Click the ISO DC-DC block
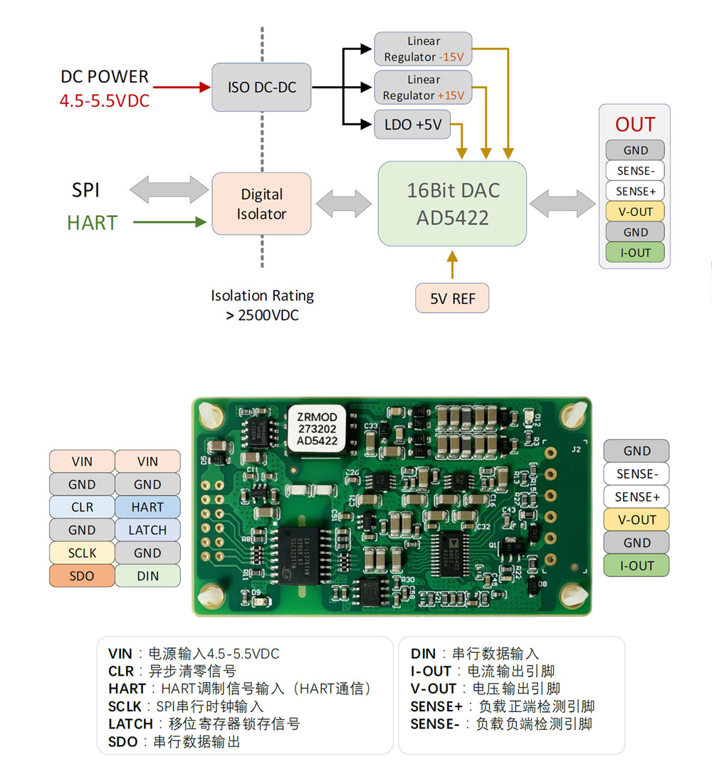tap(261, 88)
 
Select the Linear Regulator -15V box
tap(423, 48)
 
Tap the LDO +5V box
tap(413, 125)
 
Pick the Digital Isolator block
tap(261, 204)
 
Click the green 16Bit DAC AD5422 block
tap(452, 204)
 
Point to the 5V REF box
tap(452, 298)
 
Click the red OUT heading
tap(634, 125)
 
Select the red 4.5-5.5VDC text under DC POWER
tap(105, 101)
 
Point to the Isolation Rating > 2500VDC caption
tap(262, 305)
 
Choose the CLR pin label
tap(82, 507)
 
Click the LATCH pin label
tap(147, 530)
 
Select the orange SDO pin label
tap(82, 575)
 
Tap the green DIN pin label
tap(147, 575)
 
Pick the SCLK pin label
tap(82, 553)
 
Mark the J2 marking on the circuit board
tap(576, 449)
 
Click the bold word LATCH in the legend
tap(130, 724)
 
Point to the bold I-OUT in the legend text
tap(431, 671)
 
